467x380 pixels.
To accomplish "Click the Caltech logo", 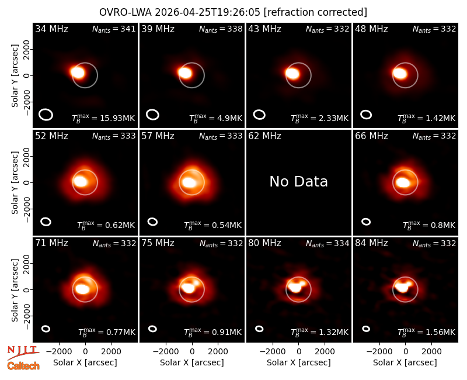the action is pos(23,366).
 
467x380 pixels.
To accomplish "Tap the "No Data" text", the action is pos(298,182).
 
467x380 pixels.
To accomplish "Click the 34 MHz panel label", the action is pos(51,29).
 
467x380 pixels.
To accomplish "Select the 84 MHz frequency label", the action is pos(371,243).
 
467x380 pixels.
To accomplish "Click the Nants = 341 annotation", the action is pos(114,29).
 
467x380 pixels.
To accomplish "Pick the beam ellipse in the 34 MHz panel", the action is pos(46,115).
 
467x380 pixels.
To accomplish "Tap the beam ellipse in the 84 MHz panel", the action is pos(366,329).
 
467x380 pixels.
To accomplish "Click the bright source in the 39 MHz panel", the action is pos(185,72).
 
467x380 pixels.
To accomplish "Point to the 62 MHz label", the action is pos(265,136).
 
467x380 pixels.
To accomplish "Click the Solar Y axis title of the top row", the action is pos(15,76).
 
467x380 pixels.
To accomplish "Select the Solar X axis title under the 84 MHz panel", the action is pos(405,362).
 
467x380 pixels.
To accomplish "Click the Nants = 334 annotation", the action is pos(327,243).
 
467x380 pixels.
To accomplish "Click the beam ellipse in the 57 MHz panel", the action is pos(152,222).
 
